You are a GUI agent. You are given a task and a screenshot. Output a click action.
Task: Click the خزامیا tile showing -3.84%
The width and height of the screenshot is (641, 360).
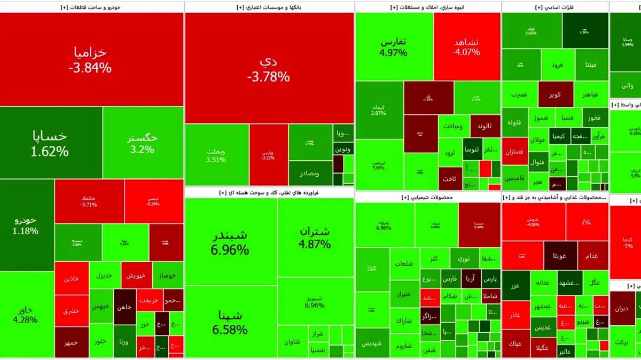point(91,59)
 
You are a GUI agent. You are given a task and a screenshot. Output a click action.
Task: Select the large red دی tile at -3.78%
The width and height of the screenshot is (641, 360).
point(269,68)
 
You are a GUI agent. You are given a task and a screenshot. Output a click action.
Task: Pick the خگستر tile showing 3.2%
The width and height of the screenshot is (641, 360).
point(143,143)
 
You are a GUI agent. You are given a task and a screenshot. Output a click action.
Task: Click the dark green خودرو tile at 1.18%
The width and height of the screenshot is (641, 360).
point(26,225)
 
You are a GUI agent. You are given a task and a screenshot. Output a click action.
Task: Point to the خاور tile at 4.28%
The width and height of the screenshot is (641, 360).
point(26,315)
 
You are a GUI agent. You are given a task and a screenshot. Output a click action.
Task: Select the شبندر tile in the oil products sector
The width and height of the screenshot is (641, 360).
point(230,241)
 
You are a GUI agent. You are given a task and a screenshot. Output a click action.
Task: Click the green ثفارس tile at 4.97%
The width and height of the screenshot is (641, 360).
point(394,47)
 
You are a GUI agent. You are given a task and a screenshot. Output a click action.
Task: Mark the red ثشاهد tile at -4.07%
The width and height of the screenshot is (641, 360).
point(466,47)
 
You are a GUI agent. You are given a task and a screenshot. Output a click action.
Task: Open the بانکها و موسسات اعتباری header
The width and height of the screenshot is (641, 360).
point(269,7)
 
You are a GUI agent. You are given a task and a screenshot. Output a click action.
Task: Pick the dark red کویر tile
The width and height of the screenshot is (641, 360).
point(554,95)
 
